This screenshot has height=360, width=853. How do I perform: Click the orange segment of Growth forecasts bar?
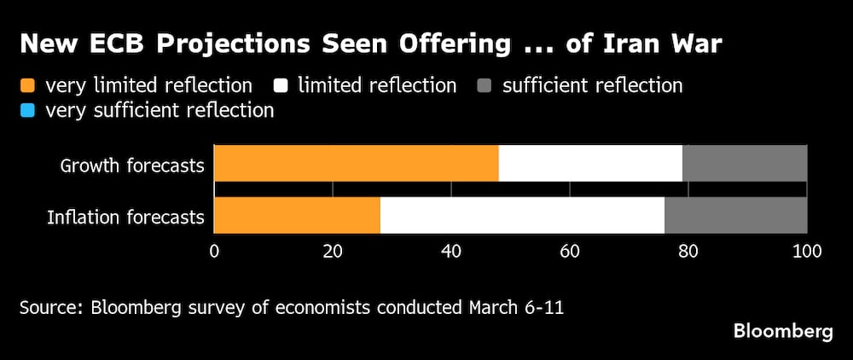pos(356,163)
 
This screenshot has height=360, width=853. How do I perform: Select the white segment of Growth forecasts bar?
pos(590,163)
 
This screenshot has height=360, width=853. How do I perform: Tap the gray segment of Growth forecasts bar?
pos(745,163)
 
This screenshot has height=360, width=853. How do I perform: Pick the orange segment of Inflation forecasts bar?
pos(297,216)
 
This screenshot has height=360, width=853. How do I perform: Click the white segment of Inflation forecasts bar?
pos(522,216)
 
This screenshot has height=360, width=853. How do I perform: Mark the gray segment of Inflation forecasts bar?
pos(735,216)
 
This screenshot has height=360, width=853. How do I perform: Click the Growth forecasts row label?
pos(132,165)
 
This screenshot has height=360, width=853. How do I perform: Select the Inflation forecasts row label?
pos(125,218)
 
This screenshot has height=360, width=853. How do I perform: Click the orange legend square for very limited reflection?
pos(27,85)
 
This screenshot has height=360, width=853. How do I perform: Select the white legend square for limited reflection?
pos(281,85)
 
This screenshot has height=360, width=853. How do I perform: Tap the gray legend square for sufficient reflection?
pos(484,85)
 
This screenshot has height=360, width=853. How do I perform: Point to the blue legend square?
pos(27,111)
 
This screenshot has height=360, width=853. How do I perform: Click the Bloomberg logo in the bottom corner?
pos(782,332)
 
